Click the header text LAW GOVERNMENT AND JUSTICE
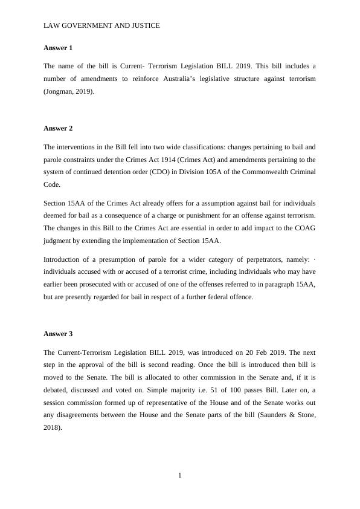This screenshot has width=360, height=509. [x=101, y=26]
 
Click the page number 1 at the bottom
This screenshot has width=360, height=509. [x=179, y=475]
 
